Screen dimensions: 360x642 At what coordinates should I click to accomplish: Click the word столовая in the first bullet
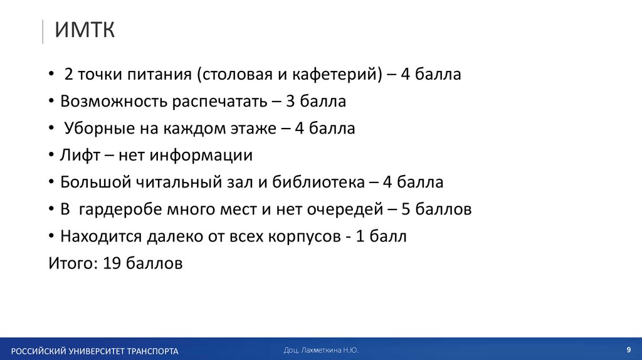[235, 75]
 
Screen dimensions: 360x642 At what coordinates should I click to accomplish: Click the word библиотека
[317, 183]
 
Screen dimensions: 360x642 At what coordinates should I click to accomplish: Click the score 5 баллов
[436, 209]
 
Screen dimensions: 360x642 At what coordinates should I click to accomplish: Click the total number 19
[111, 263]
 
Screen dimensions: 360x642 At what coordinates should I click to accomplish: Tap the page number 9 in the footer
[628, 349]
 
